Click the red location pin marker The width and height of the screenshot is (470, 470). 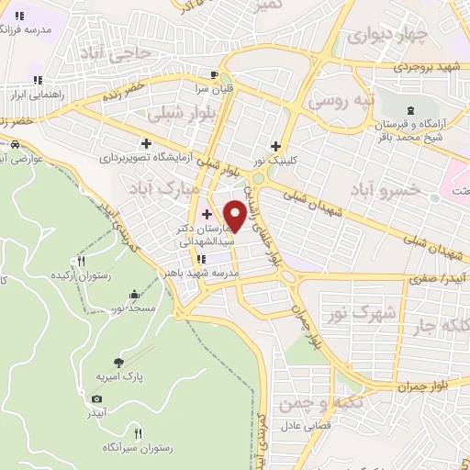coord(236,214)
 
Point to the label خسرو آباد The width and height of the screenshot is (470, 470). coord(385,189)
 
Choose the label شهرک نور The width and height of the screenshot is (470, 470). coord(361,313)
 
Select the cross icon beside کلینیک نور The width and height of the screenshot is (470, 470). coord(275,145)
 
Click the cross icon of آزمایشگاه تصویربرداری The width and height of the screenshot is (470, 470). coord(146,143)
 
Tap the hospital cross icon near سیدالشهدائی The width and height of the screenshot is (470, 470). coord(207,214)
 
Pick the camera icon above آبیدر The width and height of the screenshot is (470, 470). coord(97,398)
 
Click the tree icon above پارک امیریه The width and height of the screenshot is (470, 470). coord(117,362)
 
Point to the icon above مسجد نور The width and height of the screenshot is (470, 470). coord(136,295)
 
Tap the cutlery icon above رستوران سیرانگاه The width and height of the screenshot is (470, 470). coord(138,432)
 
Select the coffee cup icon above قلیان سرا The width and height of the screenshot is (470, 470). coord(214,75)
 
